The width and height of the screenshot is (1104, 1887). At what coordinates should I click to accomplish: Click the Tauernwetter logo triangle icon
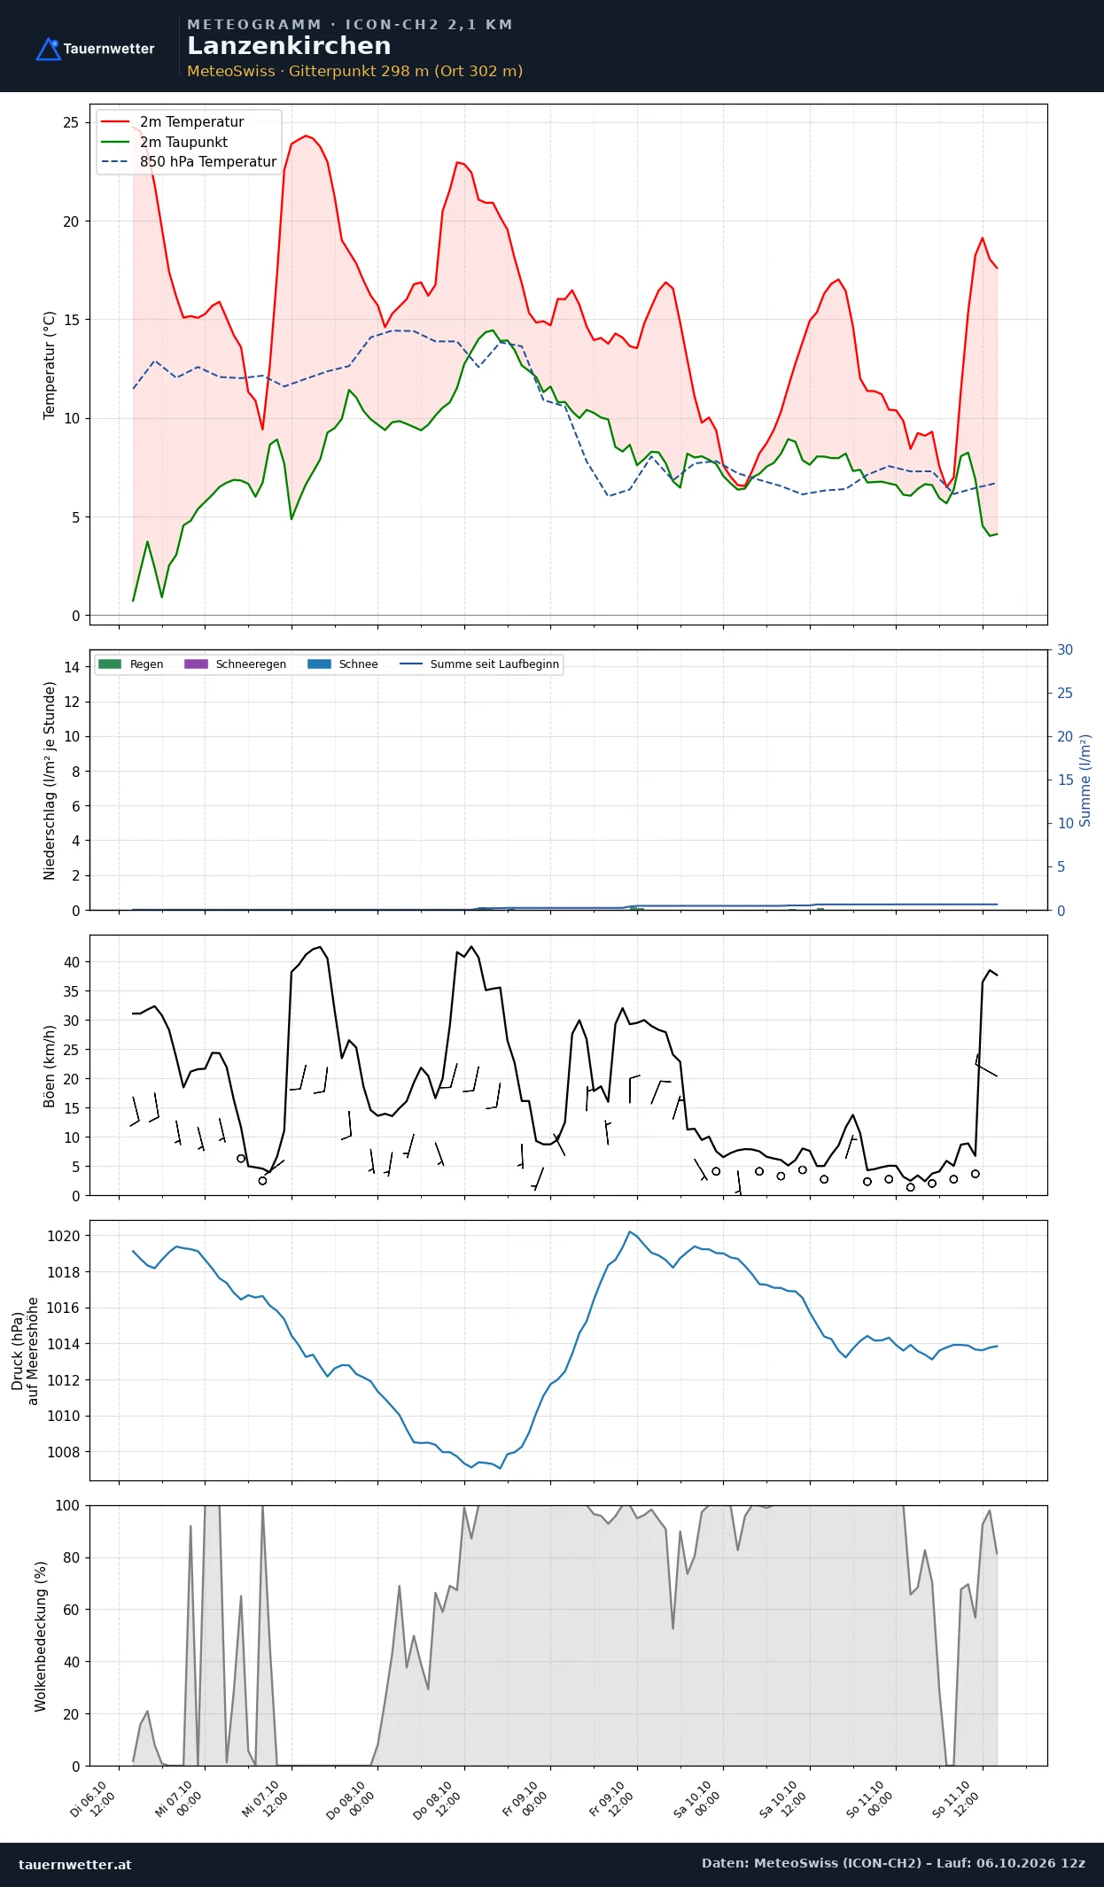tap(48, 49)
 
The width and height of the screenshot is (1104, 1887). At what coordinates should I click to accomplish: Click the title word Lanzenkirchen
tap(289, 46)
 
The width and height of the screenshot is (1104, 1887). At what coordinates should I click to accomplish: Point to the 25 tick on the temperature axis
tap(71, 122)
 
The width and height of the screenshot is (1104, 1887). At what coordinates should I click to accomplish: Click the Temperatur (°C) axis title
tap(50, 365)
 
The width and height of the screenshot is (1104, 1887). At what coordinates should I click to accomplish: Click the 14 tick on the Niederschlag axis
tap(72, 667)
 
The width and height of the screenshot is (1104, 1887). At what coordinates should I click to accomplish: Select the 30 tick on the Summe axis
tap(1065, 650)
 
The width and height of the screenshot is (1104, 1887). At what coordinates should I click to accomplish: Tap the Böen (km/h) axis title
tap(50, 1067)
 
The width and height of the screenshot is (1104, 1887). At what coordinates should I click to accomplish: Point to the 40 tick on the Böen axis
tap(72, 962)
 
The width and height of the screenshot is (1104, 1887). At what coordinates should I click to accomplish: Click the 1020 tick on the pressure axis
tap(64, 1236)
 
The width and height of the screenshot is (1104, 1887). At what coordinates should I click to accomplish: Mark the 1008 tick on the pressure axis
tap(64, 1452)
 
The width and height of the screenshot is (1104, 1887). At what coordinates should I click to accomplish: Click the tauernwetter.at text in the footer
tap(75, 1864)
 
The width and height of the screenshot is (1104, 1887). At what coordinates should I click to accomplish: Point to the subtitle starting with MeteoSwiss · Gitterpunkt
tap(354, 71)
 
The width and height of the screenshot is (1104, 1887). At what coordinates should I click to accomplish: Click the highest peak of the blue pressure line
tap(630, 1231)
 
